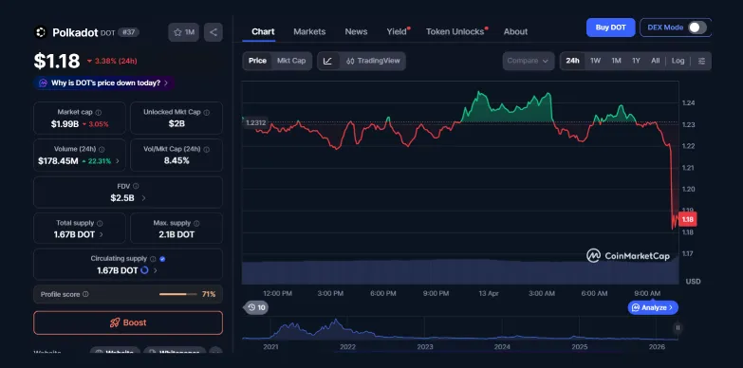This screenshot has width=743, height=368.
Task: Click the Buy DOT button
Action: (610, 28)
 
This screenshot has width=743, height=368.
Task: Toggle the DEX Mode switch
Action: (698, 28)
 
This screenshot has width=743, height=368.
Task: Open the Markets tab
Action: (309, 31)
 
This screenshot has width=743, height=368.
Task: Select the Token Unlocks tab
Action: (455, 31)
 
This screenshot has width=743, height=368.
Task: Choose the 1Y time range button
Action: (636, 61)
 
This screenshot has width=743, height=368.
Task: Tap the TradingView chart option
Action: (373, 61)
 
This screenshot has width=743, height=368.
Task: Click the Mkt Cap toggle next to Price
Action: (291, 61)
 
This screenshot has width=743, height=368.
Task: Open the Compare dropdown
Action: (529, 61)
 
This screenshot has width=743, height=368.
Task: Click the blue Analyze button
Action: (653, 307)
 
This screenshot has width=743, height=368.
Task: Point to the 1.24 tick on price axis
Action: (689, 102)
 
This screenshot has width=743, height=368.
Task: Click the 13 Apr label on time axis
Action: (489, 293)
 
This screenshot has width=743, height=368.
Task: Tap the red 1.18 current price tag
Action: (688, 219)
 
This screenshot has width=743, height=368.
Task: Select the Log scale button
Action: (678, 61)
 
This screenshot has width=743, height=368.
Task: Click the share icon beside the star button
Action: (213, 32)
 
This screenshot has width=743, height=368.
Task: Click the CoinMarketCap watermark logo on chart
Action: (627, 254)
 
